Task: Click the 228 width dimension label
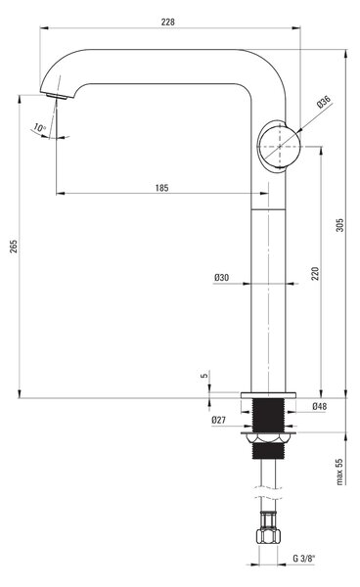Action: click(x=168, y=22)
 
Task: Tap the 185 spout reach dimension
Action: click(x=162, y=188)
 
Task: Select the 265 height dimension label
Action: click(x=14, y=247)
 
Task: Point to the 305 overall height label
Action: click(x=339, y=225)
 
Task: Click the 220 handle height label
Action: click(x=315, y=273)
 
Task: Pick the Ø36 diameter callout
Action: click(x=324, y=102)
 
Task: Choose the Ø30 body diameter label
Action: click(x=221, y=278)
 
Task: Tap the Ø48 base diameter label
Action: click(x=320, y=406)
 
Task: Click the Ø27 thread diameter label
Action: click(x=218, y=420)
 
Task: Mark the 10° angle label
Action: click(x=39, y=127)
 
